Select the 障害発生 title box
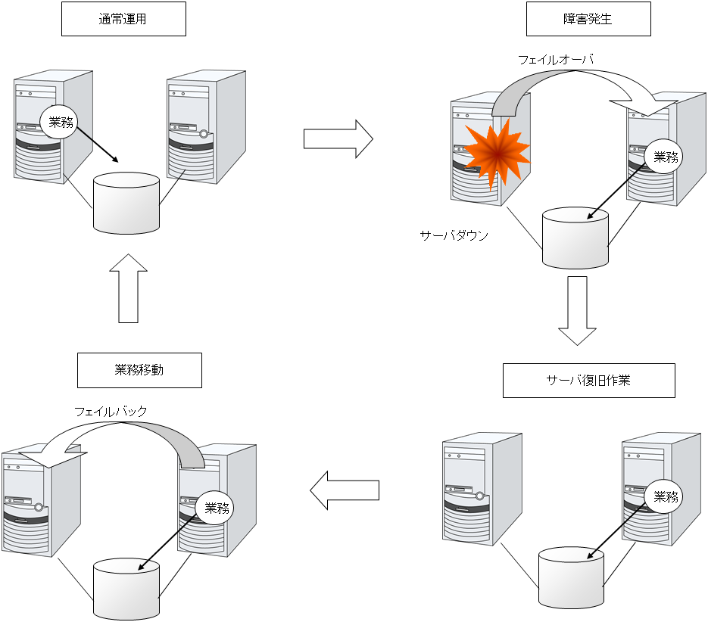[x=588, y=19]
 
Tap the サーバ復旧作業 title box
[x=588, y=380]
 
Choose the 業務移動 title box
[x=139, y=371]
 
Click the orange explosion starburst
[x=494, y=154]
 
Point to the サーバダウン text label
[x=454, y=235]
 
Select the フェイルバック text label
[x=111, y=412]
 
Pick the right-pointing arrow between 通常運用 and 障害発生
[x=338, y=139]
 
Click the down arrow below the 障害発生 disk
[x=578, y=310]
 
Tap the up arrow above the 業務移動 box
[x=129, y=288]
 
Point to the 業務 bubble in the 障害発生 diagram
[x=666, y=157]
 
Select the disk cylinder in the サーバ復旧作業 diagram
[x=572, y=577]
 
